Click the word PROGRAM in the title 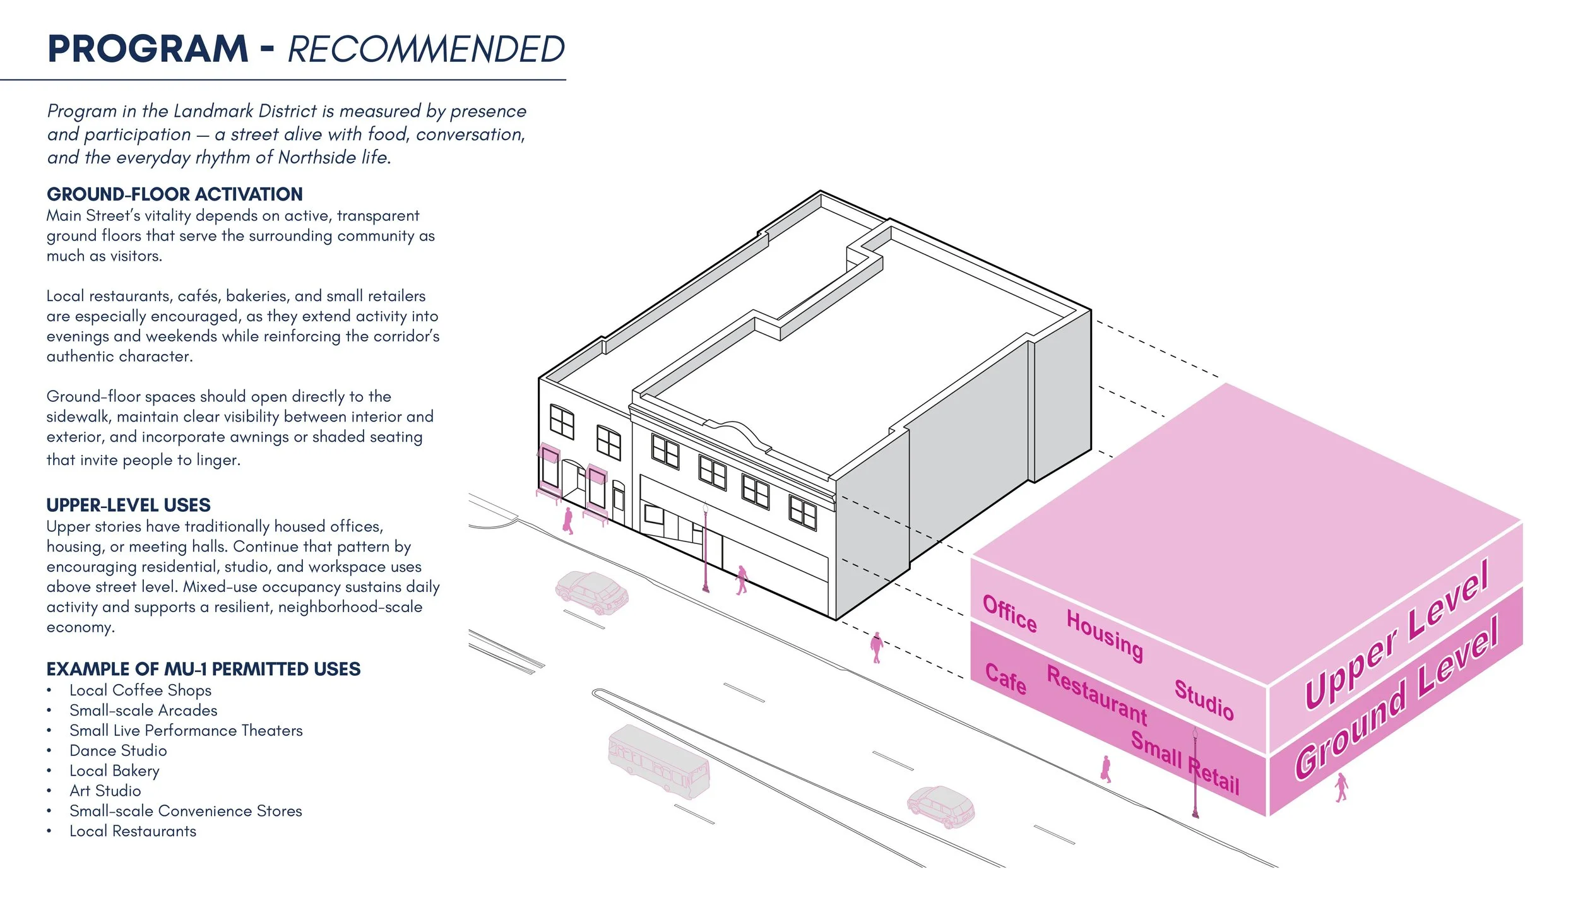(x=148, y=49)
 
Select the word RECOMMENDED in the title (x=426, y=49)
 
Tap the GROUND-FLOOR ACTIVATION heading (x=175, y=194)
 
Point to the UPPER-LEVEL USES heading (x=128, y=505)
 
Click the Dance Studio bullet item (x=118, y=750)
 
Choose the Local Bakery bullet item (x=114, y=771)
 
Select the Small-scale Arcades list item (x=143, y=710)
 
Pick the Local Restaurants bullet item (x=133, y=831)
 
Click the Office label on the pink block (x=1010, y=613)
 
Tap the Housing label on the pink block (x=1105, y=635)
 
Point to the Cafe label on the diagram (x=1006, y=679)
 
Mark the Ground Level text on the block (x=1397, y=697)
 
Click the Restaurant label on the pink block (x=1097, y=695)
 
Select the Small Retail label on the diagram (x=1185, y=763)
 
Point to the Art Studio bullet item (x=105, y=791)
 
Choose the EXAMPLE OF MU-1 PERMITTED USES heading (x=203, y=669)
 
